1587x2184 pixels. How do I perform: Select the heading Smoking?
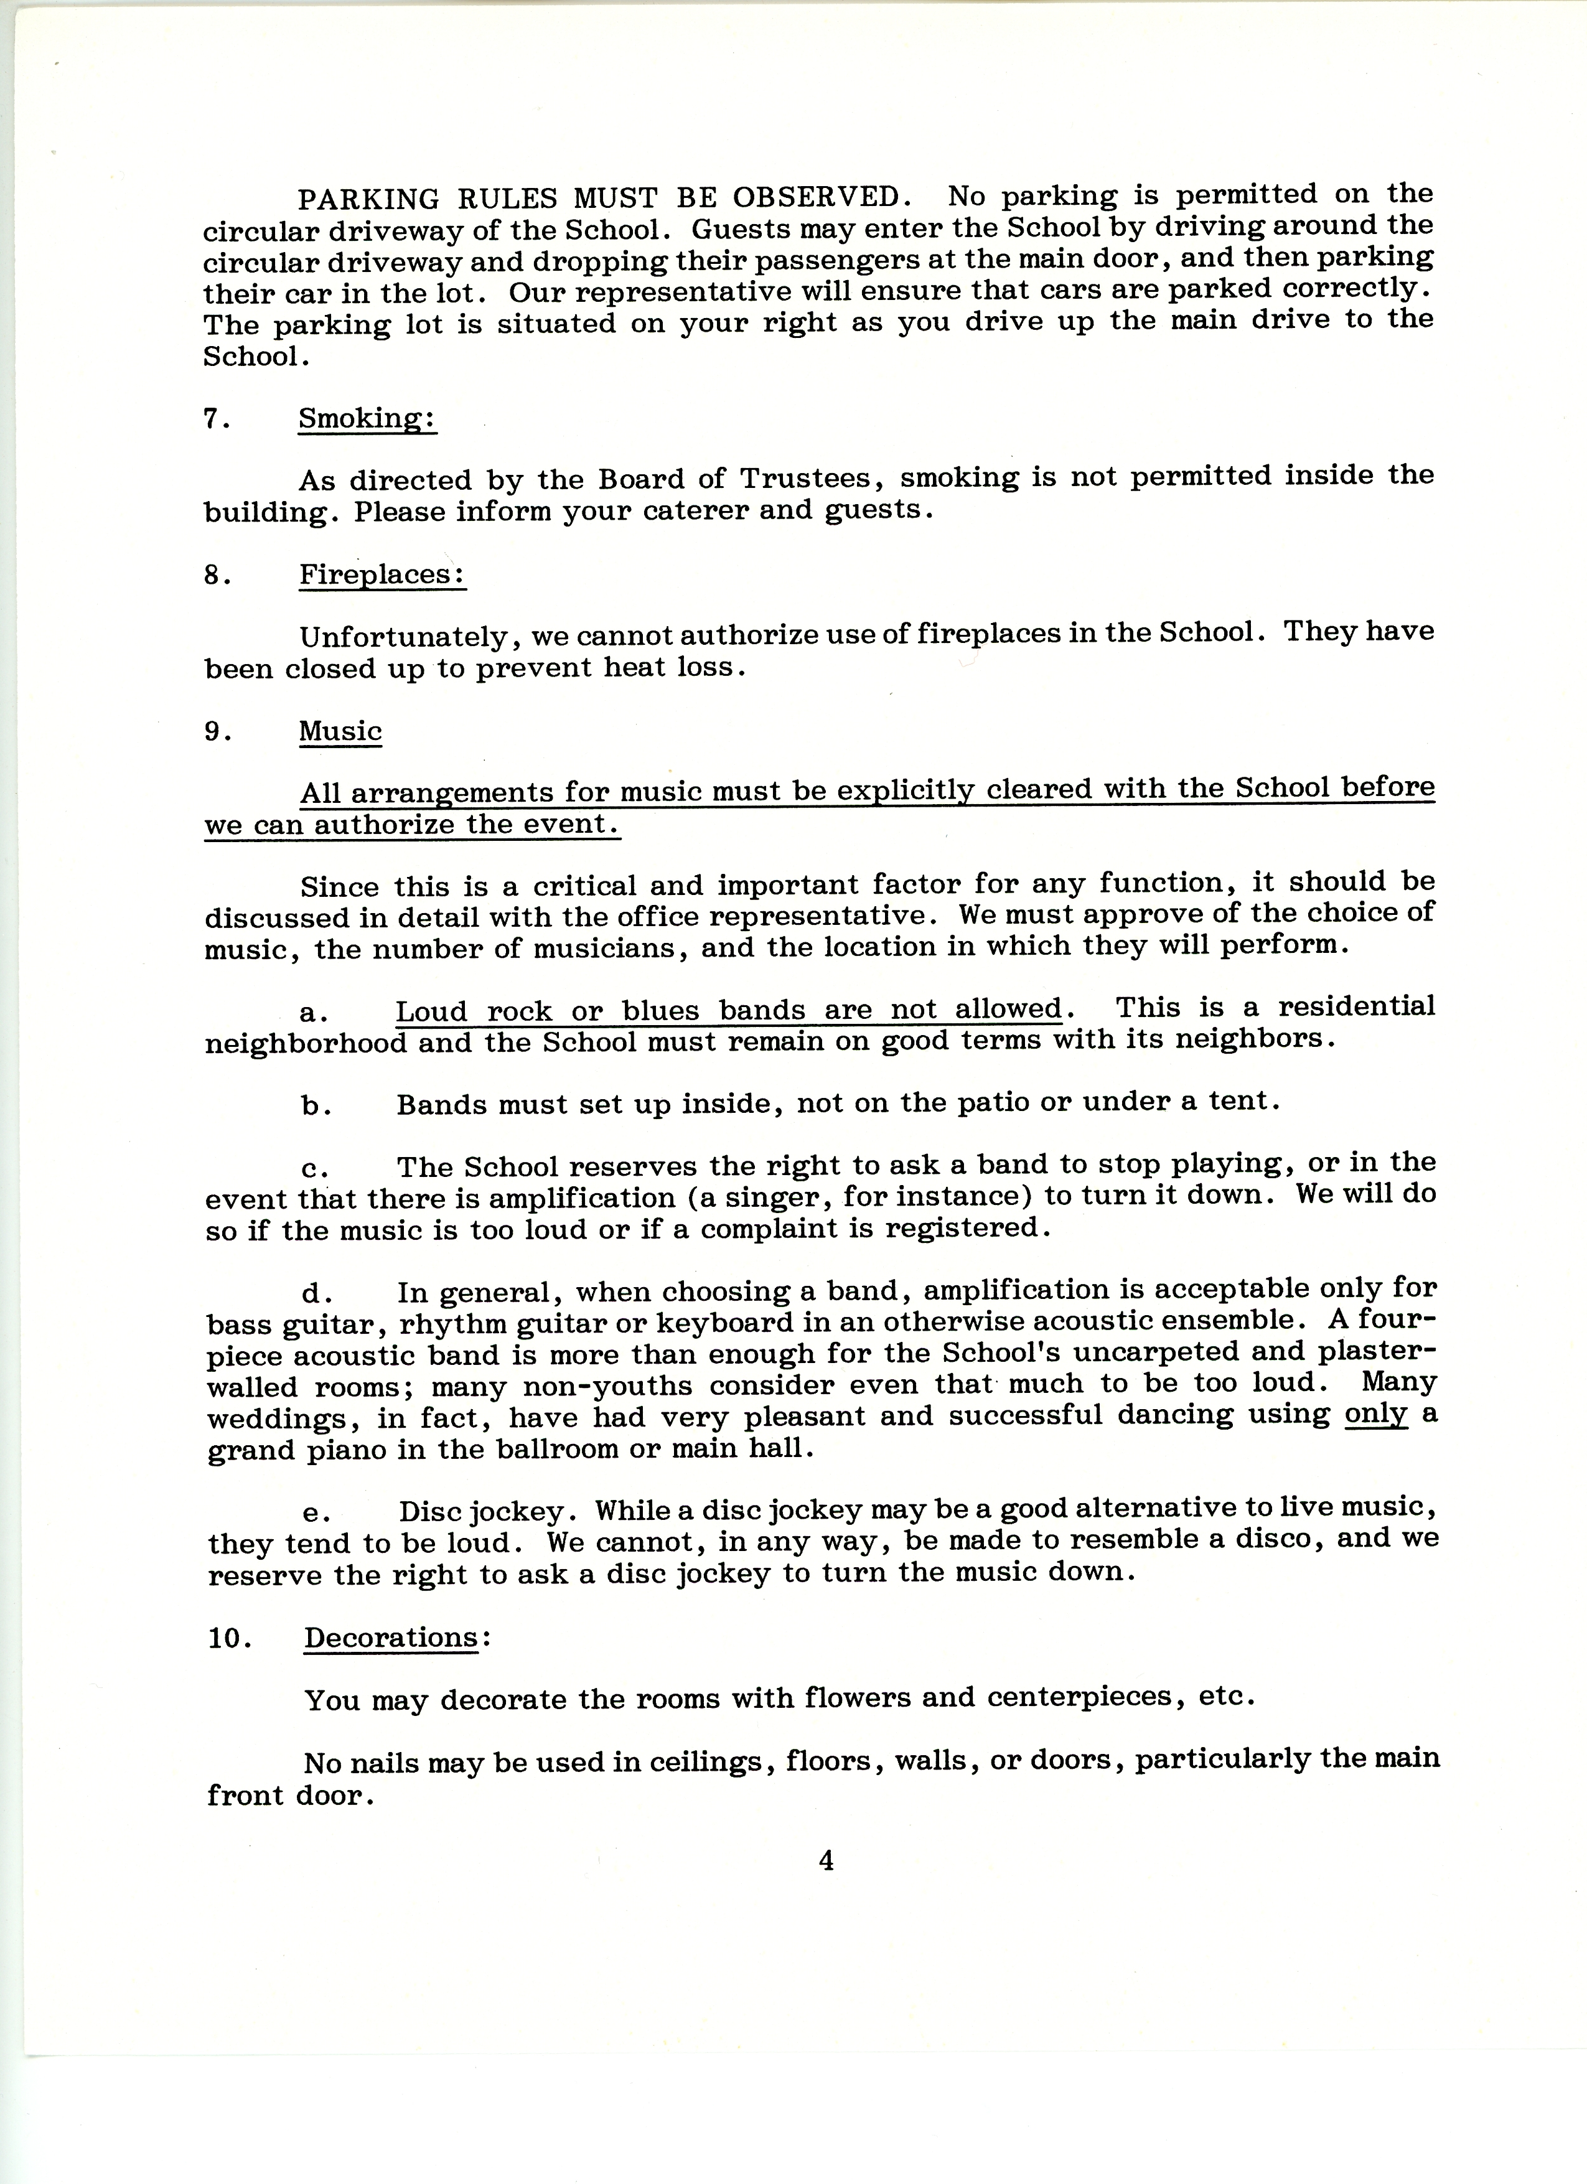(367, 419)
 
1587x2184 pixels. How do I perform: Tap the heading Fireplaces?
(382, 575)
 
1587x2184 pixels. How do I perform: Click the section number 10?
(229, 1638)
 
